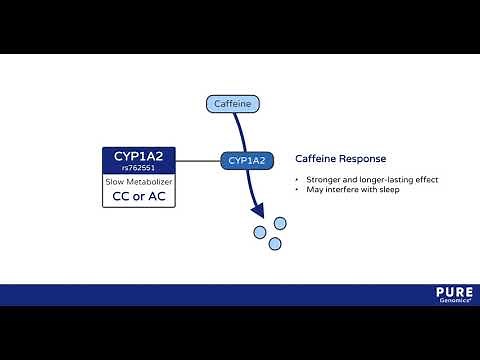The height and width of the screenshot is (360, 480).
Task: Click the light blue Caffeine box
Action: click(x=233, y=103)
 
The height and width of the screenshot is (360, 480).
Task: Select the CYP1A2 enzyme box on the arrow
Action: click(x=247, y=160)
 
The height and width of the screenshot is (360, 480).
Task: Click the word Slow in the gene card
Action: click(x=117, y=182)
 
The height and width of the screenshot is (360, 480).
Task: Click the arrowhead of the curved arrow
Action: click(x=258, y=212)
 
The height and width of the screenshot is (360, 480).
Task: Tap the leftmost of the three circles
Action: click(x=259, y=232)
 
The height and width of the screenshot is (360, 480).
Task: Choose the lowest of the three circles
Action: click(x=275, y=243)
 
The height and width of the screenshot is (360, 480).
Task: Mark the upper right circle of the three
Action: click(x=280, y=223)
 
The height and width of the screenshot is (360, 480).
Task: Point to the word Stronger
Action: click(x=322, y=180)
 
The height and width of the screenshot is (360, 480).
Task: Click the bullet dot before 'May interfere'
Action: click(x=297, y=190)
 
